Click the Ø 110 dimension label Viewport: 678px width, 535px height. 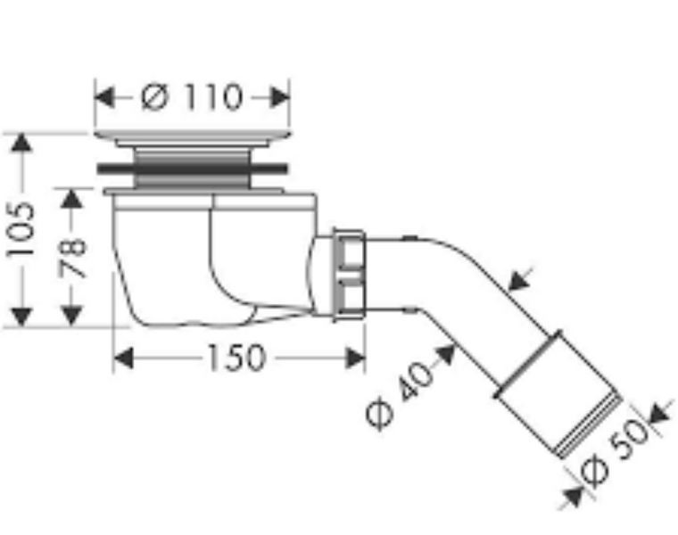click(x=192, y=97)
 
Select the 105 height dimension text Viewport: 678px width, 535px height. click(x=21, y=229)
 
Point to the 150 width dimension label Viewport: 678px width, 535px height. click(x=236, y=358)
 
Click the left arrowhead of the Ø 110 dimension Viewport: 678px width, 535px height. click(x=104, y=97)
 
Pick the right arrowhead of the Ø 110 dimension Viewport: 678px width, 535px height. click(x=280, y=97)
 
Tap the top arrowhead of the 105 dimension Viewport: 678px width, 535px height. click(x=21, y=143)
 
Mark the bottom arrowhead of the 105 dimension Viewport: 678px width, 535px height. click(x=21, y=317)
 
